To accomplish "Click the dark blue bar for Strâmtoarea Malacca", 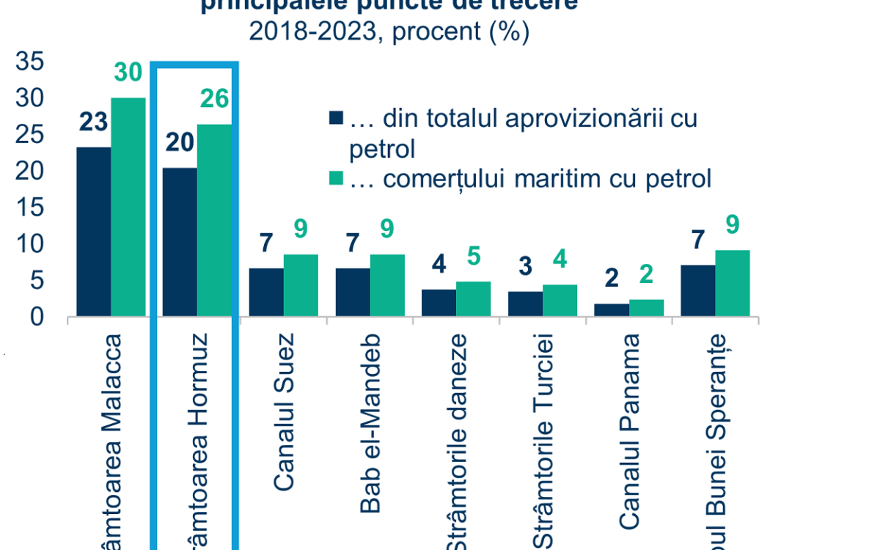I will tap(94, 232).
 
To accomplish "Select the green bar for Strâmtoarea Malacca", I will tap(128, 208).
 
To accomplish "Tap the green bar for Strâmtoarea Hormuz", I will tap(214, 221).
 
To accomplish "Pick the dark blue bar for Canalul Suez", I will tap(266, 293).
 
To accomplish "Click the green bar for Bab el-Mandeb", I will tap(387, 286).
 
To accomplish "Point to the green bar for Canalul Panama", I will tap(646, 308).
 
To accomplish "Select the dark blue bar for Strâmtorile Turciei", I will tap(525, 304).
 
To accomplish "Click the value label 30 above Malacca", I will tap(129, 73).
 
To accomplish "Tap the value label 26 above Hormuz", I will tap(214, 99).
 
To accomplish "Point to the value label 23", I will tap(93, 122).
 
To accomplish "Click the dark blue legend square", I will tap(336, 119).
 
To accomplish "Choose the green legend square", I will tap(336, 178).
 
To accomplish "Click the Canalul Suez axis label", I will tap(284, 411).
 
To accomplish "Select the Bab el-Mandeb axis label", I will tap(370, 423).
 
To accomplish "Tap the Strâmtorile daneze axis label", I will tap(456, 440).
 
